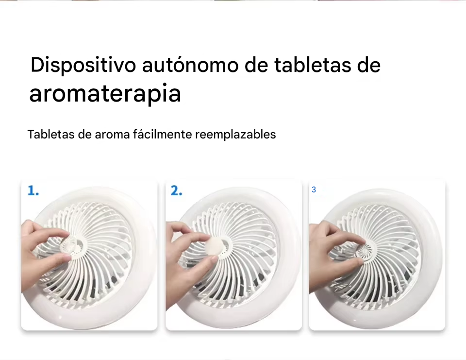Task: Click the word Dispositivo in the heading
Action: pyautogui.click(x=83, y=65)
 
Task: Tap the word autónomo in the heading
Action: pyautogui.click(x=190, y=65)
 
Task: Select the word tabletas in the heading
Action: pyautogui.click(x=312, y=65)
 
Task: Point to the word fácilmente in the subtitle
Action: pyautogui.click(x=162, y=134)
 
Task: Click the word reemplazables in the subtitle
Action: pyautogui.click(x=235, y=135)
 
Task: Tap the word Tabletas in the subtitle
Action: pyautogui.click(x=51, y=134)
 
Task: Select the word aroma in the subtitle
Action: pyautogui.click(x=112, y=135)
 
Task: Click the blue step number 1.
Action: pyautogui.click(x=33, y=190)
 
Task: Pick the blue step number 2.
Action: pyautogui.click(x=176, y=190)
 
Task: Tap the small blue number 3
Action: pyautogui.click(x=314, y=190)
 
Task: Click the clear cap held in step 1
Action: pyautogui.click(x=67, y=246)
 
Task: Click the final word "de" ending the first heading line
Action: pyautogui.click(x=368, y=65)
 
